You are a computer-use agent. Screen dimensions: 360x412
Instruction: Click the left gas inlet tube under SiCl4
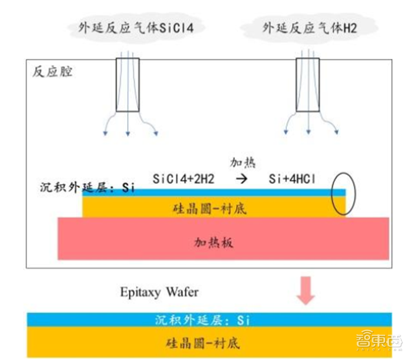pyautogui.click(x=127, y=85)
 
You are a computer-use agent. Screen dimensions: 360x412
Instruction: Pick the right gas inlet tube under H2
pyautogui.click(x=307, y=85)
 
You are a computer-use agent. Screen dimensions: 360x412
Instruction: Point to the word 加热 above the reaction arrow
pyautogui.click(x=242, y=163)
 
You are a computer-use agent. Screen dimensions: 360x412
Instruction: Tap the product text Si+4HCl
pyautogui.click(x=292, y=179)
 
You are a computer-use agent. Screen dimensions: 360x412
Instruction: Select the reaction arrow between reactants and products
pyautogui.click(x=241, y=179)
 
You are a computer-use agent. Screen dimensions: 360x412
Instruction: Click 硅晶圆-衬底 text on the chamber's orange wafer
pyautogui.click(x=209, y=208)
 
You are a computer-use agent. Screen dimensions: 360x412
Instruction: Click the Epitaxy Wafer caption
pyautogui.click(x=159, y=292)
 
